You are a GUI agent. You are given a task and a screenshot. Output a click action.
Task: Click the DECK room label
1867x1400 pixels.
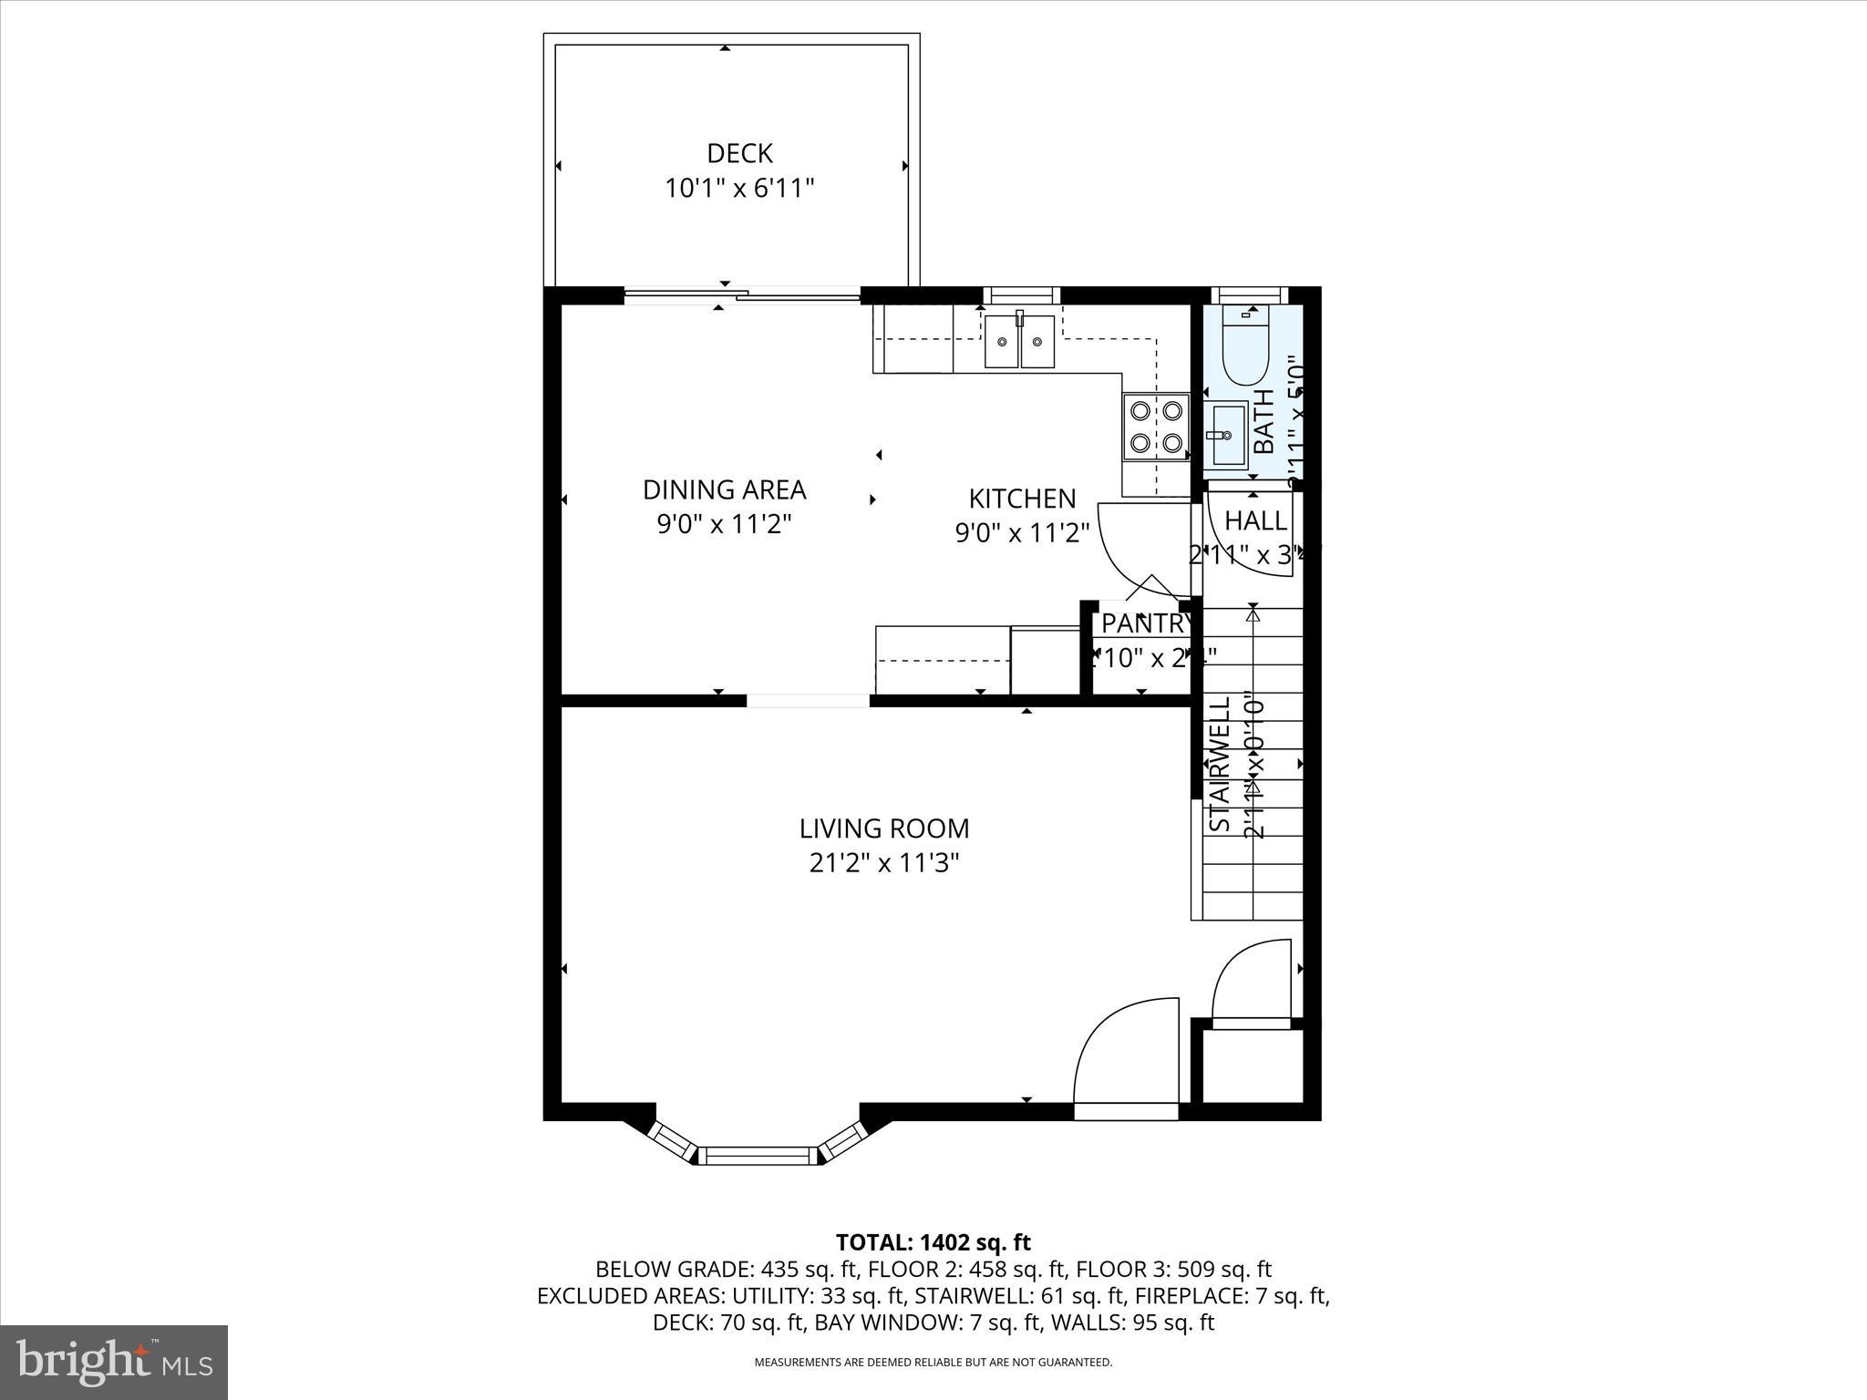pos(739,153)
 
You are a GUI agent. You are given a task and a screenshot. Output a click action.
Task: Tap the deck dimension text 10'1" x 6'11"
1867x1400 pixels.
pos(739,189)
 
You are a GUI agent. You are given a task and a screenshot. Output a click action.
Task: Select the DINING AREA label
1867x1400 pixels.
pos(725,490)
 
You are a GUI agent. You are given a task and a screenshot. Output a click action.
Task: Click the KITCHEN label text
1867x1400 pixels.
pos(1022,499)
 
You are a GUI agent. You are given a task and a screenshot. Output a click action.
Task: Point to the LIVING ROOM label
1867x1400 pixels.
pos(884,829)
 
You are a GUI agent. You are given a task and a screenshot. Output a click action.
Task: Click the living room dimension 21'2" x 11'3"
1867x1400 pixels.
pos(884,862)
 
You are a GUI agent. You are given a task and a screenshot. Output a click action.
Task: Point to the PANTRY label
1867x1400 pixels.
pos(1144,624)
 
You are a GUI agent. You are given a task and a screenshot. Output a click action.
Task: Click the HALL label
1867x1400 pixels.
pos(1255,521)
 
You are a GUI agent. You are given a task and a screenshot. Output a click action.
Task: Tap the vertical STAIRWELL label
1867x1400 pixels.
pos(1221,765)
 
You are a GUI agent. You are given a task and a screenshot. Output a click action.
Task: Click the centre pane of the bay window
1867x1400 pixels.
pos(758,1156)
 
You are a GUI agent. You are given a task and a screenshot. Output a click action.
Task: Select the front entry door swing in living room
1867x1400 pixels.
pos(1127,1057)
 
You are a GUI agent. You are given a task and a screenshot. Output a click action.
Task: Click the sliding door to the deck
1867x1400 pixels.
pos(742,293)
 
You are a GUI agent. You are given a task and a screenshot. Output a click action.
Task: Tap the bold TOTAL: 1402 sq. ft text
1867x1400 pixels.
pos(933,1242)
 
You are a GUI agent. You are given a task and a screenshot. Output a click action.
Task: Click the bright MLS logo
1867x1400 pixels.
pos(114,1363)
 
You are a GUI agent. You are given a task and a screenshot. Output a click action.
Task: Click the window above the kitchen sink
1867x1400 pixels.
pos(1021,294)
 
